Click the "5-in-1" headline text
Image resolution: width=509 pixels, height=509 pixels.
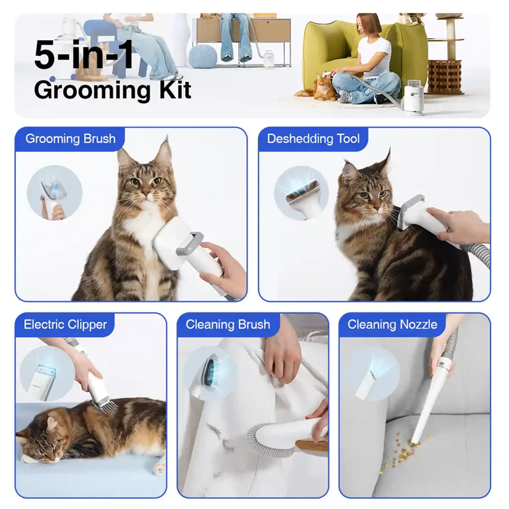(x=83, y=54)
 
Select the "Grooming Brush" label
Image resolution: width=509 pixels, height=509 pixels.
(x=71, y=139)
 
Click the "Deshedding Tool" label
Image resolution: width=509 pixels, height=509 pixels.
(x=313, y=139)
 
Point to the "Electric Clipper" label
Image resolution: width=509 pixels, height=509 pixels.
(x=66, y=324)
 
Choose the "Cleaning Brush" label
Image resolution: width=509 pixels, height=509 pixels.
(x=228, y=324)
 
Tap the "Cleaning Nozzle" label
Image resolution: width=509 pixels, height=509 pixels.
(x=393, y=324)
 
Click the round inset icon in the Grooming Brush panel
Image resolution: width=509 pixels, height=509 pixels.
(x=55, y=193)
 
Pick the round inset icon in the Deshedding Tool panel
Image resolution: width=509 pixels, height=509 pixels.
(x=302, y=193)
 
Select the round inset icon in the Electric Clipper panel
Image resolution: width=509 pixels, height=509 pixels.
(x=47, y=373)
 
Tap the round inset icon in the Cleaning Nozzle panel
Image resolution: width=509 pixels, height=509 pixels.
(x=372, y=374)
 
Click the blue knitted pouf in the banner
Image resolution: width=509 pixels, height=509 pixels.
(x=202, y=57)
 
